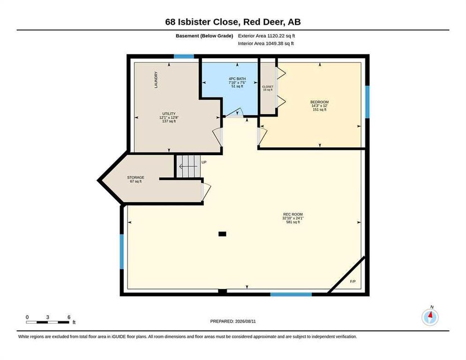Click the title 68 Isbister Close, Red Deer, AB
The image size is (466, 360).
click(233, 22)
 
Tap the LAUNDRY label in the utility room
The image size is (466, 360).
click(156, 80)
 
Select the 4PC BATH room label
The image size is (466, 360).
click(237, 79)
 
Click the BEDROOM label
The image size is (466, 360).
click(319, 102)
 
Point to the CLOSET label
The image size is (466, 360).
click(268, 87)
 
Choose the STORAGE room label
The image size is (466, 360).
click(136, 178)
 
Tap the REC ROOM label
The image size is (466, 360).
click(293, 214)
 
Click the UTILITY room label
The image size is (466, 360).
click(169, 114)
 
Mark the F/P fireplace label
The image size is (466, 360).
click(353, 282)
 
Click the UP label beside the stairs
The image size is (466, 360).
click(204, 162)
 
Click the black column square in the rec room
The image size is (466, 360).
click(222, 234)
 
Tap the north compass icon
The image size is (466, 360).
click(430, 317)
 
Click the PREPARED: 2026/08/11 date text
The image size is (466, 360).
click(233, 322)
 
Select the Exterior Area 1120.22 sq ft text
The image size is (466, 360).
click(266, 36)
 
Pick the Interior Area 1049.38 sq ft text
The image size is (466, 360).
click(266, 44)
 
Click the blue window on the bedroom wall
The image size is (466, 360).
click(368, 102)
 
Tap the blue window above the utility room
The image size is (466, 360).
click(184, 56)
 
